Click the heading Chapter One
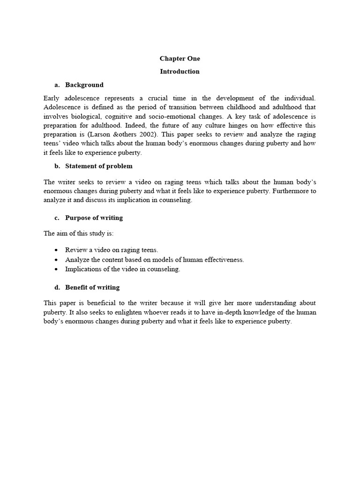coord(180,59)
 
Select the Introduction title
coord(180,72)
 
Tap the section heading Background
coord(84,85)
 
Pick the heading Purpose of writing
coord(94,218)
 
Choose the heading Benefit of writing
coord(92,287)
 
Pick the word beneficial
coord(90,303)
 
